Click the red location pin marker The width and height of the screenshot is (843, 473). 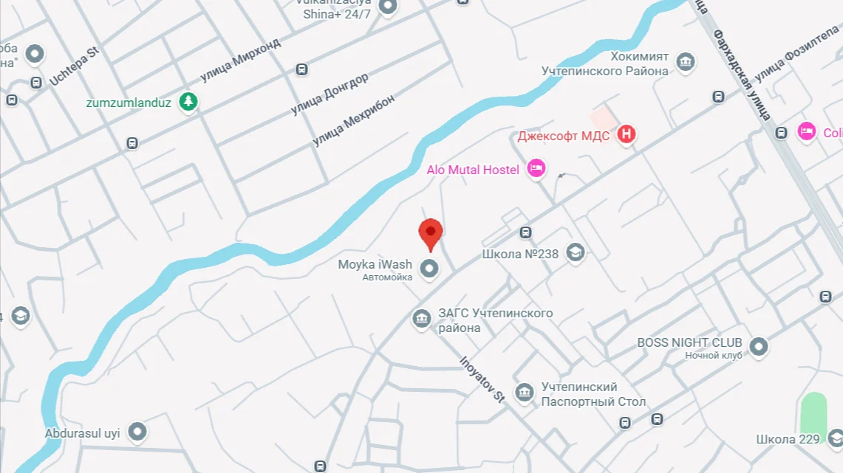tap(431, 233)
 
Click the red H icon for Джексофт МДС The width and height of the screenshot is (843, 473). tap(627, 134)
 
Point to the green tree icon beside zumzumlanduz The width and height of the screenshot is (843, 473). tap(189, 102)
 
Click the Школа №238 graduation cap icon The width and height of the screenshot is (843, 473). tap(575, 253)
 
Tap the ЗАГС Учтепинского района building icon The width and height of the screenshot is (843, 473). tap(422, 319)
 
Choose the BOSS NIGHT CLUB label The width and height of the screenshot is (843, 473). tap(689, 342)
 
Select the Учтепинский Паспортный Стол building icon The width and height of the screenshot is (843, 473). tap(525, 392)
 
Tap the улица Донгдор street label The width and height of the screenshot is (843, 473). tap(329, 93)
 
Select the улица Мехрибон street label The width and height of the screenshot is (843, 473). tap(353, 120)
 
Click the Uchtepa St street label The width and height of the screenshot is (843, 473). tap(74, 66)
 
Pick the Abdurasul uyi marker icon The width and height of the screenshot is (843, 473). tap(137, 432)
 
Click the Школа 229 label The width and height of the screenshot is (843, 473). tap(788, 439)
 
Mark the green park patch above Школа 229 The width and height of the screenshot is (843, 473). tap(813, 412)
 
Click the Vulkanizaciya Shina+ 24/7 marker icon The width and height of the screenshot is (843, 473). tap(387, 7)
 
